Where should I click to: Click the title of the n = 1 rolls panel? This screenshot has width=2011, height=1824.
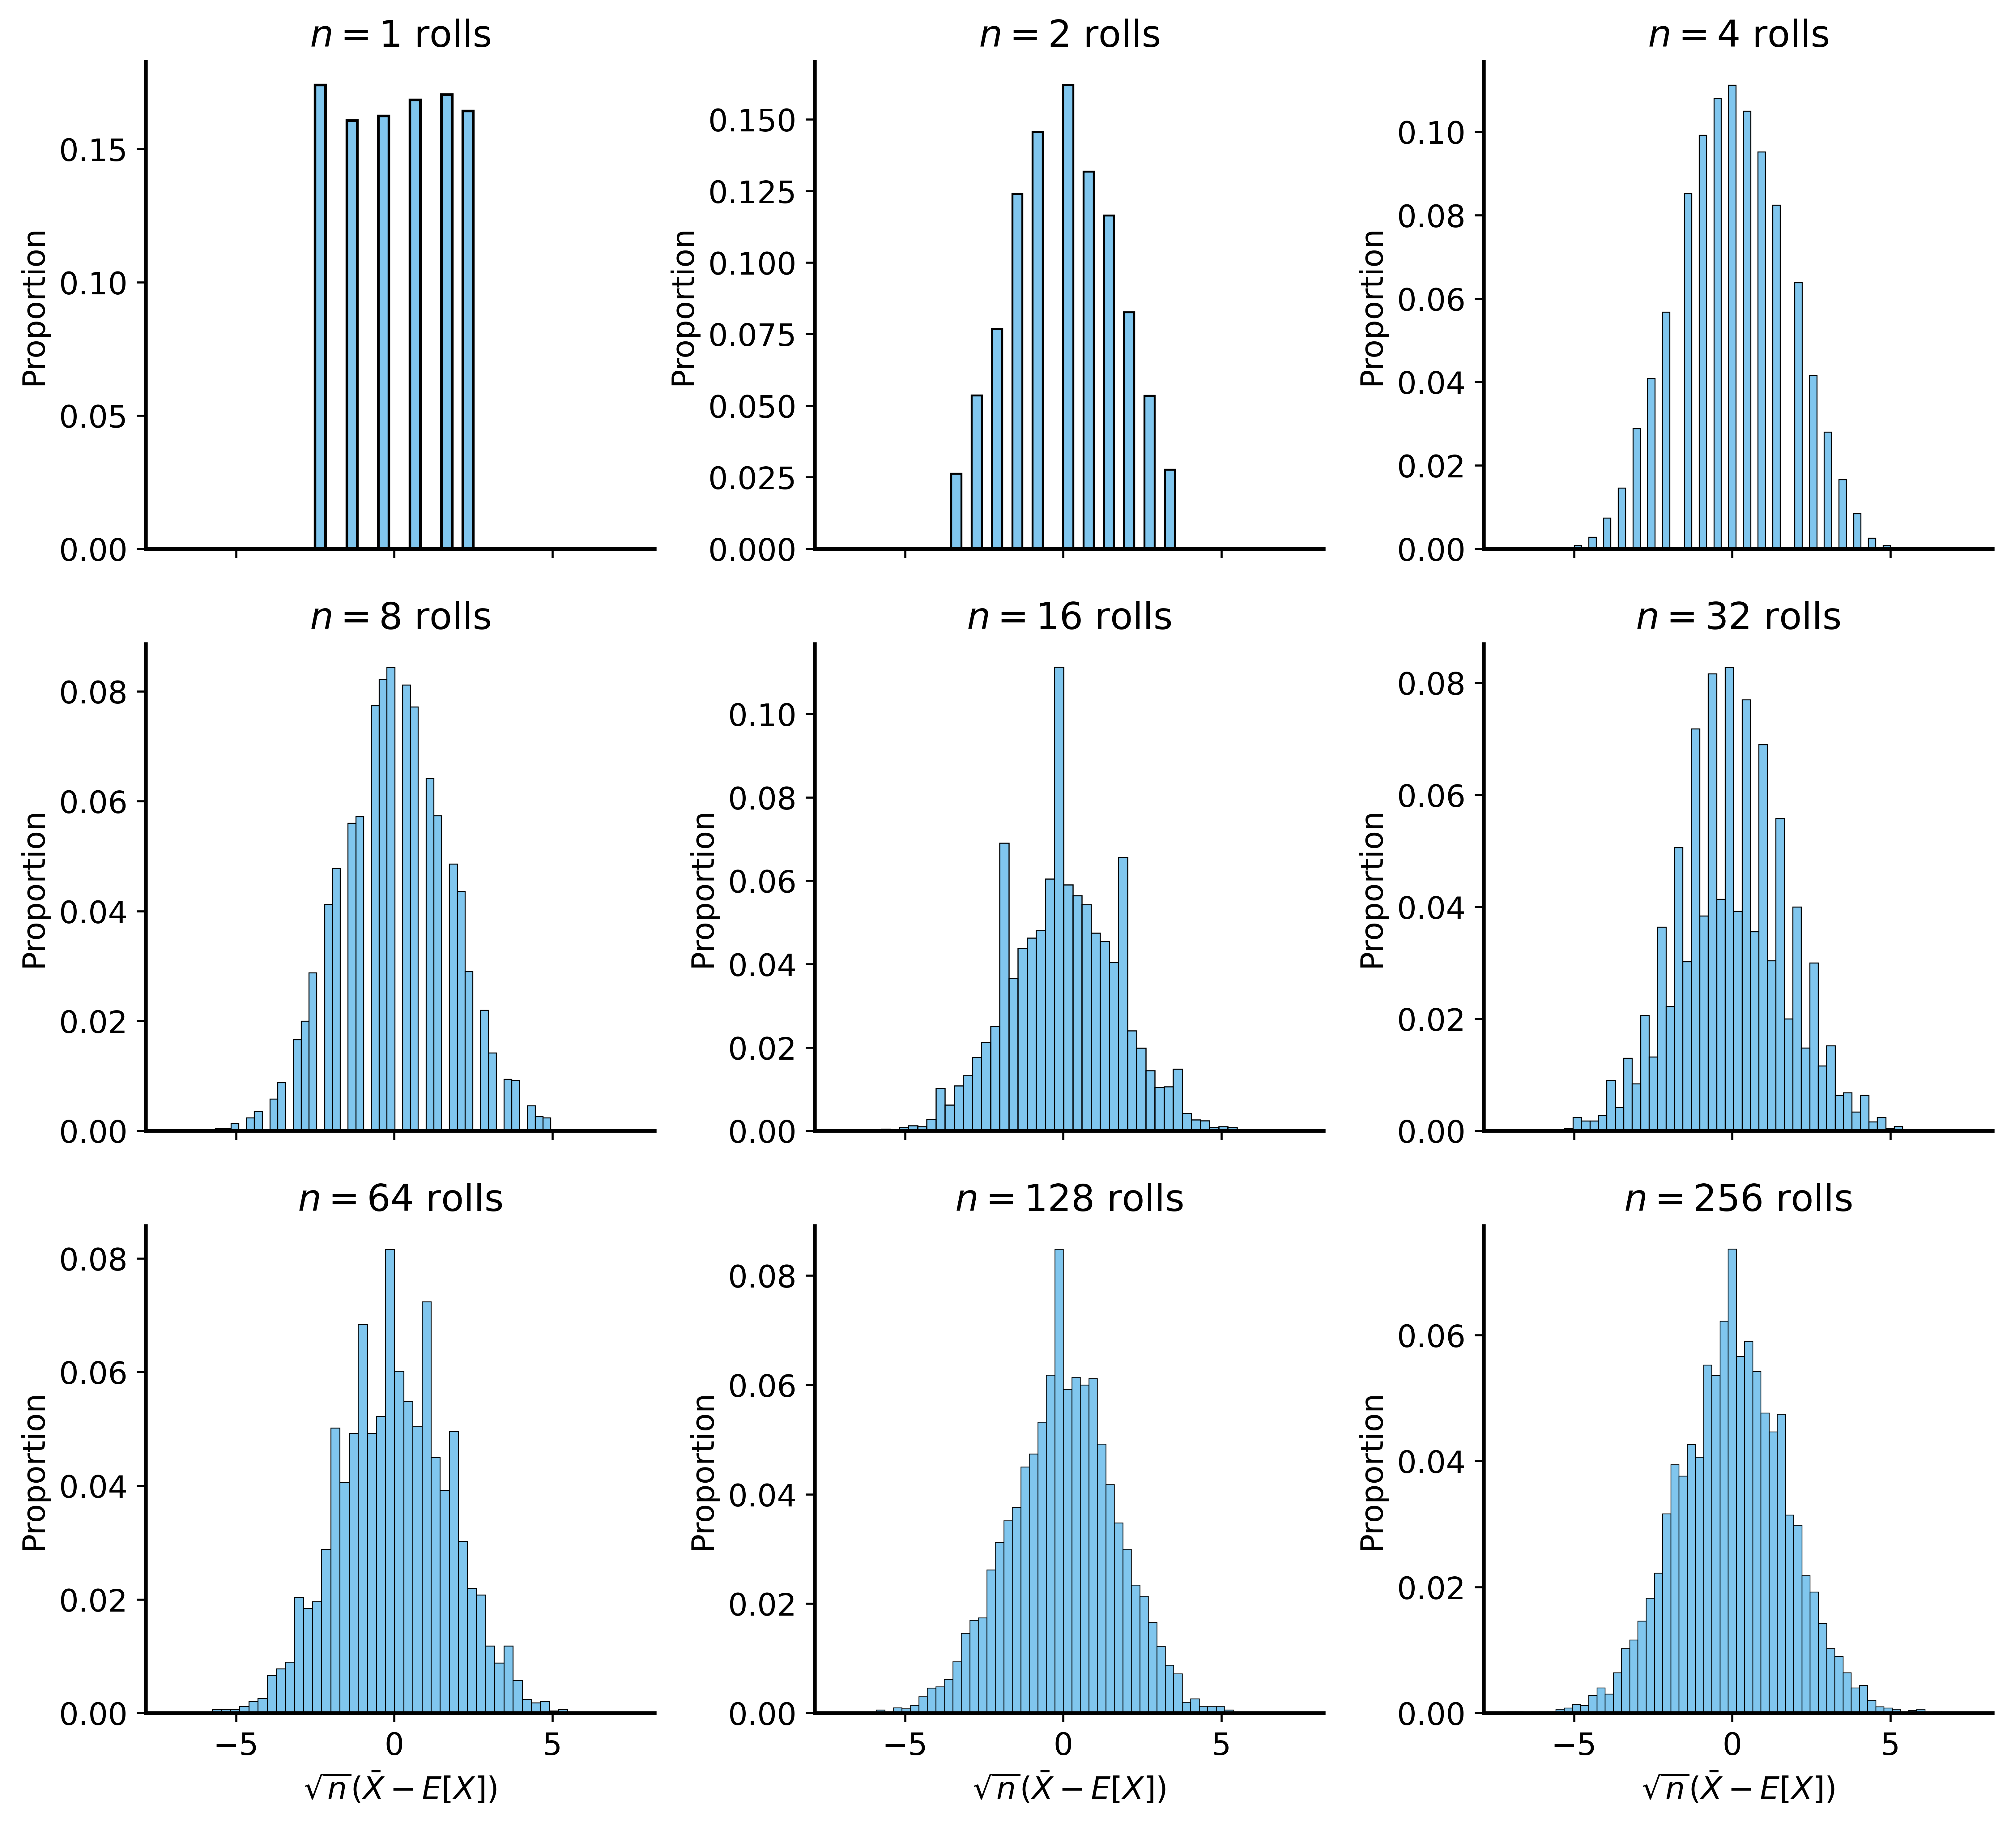click(400, 35)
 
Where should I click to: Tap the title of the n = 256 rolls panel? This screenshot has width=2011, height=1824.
click(1738, 1198)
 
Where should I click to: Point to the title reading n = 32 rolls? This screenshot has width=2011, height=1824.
click(1738, 617)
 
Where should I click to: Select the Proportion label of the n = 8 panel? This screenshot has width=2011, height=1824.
click(35, 890)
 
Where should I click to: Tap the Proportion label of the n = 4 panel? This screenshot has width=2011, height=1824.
click(1374, 308)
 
